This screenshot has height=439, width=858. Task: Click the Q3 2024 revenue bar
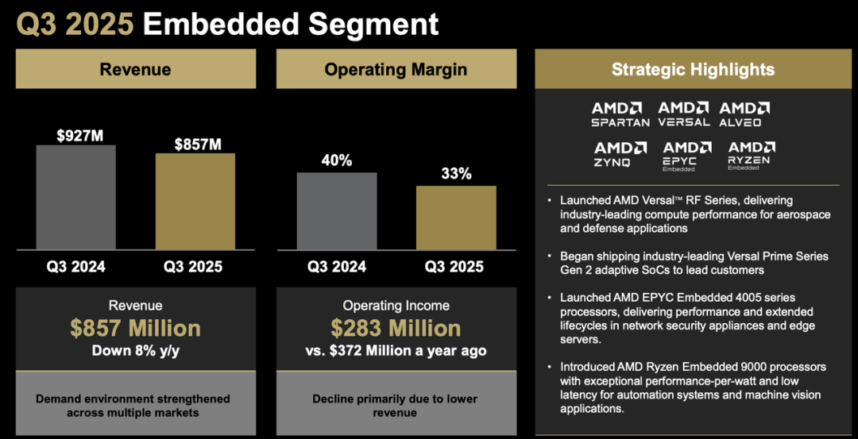[x=75, y=197]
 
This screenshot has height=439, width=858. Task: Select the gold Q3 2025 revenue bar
[x=195, y=201]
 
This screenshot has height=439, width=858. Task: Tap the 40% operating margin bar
[x=337, y=211]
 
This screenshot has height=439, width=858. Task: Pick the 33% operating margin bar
[x=456, y=218]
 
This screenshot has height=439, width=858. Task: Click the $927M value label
[x=79, y=136]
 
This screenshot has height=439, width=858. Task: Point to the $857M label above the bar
[x=198, y=144]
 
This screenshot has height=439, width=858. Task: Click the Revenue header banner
[x=135, y=69]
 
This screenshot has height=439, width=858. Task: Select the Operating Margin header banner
[x=396, y=69]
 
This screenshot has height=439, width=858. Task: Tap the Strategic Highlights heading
[x=693, y=69]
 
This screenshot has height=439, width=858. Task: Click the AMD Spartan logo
[x=620, y=114]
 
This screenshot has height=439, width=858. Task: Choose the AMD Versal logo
[x=683, y=114]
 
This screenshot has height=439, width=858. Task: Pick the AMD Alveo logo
[x=744, y=114]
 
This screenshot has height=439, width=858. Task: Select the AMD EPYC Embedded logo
[x=687, y=156]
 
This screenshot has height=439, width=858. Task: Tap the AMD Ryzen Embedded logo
[x=752, y=156]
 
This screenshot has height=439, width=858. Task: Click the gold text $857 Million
[x=135, y=328]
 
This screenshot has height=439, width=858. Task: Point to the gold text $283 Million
[x=396, y=328]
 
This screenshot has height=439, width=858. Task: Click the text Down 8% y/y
[x=135, y=350]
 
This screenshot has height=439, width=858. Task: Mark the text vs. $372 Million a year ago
[x=396, y=350]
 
